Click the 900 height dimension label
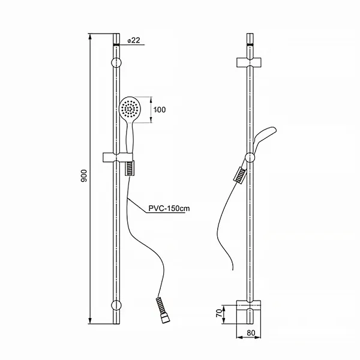[x=85, y=175]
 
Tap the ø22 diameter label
[x=134, y=40]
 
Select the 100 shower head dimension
[x=159, y=110]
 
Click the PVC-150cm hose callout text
[x=169, y=209]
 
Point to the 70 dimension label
[x=220, y=312]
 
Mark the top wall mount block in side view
[x=250, y=62]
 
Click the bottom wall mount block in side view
[x=250, y=307]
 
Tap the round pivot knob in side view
[x=250, y=158]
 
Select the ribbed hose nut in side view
[x=239, y=175]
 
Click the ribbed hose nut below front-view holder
[x=130, y=169]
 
